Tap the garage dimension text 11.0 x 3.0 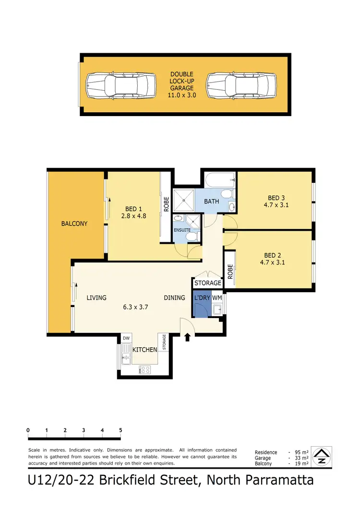[x=181, y=95]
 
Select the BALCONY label [x=74, y=224]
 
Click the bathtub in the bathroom [x=218, y=180]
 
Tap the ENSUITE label [x=182, y=230]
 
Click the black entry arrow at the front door [x=187, y=338]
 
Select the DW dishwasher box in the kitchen [x=126, y=339]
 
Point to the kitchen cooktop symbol [x=144, y=369]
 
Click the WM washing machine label [x=216, y=298]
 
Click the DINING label [x=174, y=298]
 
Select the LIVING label [x=96, y=298]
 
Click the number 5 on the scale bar [x=120, y=430]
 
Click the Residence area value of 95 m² [x=300, y=452]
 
